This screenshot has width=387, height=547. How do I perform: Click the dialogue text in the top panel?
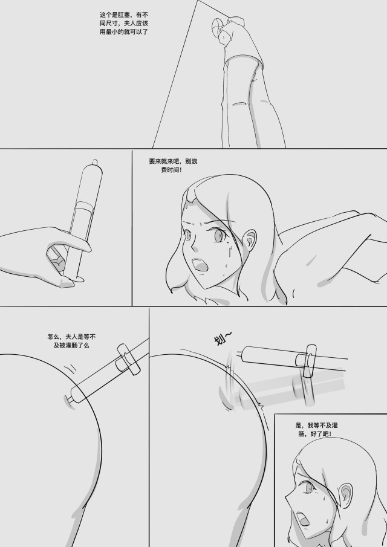[124, 24]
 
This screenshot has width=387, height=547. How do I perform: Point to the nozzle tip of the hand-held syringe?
[94, 162]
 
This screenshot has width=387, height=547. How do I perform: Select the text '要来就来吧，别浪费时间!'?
[173, 166]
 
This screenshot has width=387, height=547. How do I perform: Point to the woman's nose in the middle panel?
[195, 247]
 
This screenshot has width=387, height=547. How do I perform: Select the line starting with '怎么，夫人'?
[71, 337]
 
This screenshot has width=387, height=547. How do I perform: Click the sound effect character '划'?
[219, 340]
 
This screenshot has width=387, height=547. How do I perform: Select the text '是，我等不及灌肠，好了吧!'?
[316, 429]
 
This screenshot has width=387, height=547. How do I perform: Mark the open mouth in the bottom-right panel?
[302, 519]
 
